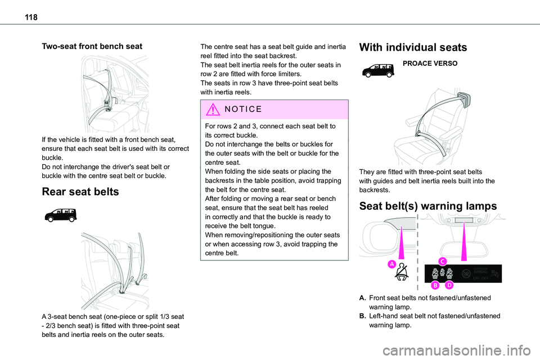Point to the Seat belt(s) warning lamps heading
pyautogui.click(x=433, y=206)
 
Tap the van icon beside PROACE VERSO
pyautogui.click(x=379, y=70)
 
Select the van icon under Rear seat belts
pyautogui.click(x=57, y=214)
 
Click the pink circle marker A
pyautogui.click(x=391, y=264)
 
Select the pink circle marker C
pyautogui.click(x=442, y=260)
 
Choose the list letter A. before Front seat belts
pyautogui.click(x=363, y=298)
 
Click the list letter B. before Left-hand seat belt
pyautogui.click(x=363, y=316)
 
